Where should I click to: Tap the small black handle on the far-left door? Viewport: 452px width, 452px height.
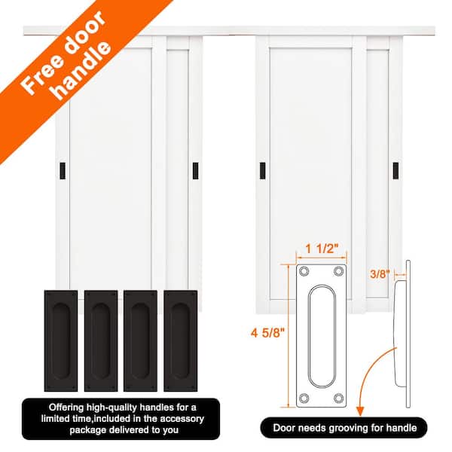pos(61,170)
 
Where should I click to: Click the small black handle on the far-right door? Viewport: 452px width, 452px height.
pos(393,170)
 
